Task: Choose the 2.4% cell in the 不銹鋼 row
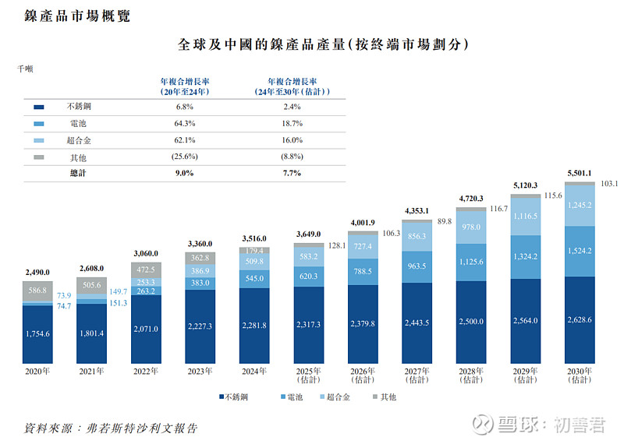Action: pos(292,106)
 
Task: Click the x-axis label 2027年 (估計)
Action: pos(417,375)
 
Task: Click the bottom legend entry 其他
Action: pos(383,397)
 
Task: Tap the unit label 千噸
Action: pos(26,69)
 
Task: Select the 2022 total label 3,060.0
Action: pos(146,253)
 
